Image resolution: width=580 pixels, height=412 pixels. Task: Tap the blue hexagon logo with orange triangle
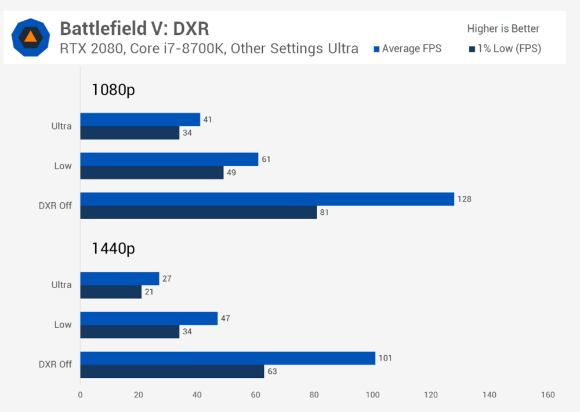coord(31,37)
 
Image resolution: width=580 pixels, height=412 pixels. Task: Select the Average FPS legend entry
coord(408,49)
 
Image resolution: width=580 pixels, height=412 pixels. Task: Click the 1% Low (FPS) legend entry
coord(505,49)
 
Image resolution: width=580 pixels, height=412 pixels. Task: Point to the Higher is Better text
coord(503,28)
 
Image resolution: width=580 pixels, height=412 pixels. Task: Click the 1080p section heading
coord(113,90)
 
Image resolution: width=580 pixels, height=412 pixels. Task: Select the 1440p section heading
coord(113,249)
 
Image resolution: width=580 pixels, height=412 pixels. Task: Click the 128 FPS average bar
coord(267,199)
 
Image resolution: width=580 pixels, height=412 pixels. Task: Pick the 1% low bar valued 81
coord(198,212)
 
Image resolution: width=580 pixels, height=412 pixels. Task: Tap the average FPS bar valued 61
coord(169,159)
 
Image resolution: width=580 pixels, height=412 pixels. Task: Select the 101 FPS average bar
coord(227,358)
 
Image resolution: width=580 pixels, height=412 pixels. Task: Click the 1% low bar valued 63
coord(172,371)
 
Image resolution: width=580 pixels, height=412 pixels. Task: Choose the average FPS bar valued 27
coord(119,279)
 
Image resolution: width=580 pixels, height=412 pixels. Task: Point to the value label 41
coord(207,119)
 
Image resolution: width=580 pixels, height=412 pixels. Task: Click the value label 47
coord(224,319)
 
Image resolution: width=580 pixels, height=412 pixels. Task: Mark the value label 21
coord(149,292)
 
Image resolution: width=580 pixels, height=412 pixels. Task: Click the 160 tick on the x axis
coord(548,395)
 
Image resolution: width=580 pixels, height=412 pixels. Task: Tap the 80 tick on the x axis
coord(314,395)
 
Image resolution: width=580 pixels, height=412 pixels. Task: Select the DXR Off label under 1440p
coord(55,364)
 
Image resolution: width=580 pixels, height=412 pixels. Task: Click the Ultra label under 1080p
coord(62,126)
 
